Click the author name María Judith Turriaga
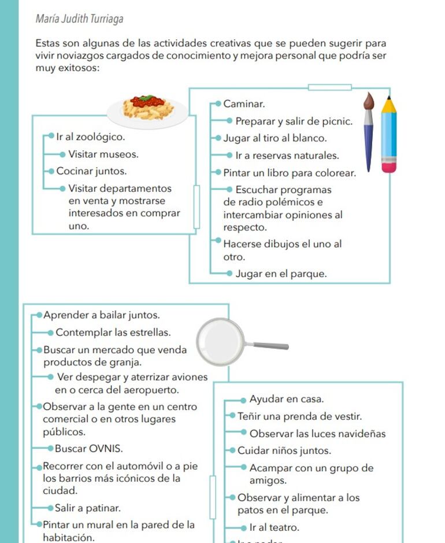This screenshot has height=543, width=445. pyautogui.click(x=79, y=19)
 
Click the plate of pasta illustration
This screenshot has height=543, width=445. pyautogui.click(x=147, y=108)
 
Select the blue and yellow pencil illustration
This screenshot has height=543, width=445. pyautogui.click(x=389, y=134)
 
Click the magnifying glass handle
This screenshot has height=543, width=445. pyautogui.click(x=270, y=346)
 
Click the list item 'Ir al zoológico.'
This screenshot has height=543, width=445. pyautogui.click(x=90, y=137)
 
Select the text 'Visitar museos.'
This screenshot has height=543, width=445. pyautogui.click(x=103, y=154)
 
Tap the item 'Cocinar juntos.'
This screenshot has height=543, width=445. pyautogui.click(x=91, y=171)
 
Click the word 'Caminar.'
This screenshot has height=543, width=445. pyautogui.click(x=244, y=104)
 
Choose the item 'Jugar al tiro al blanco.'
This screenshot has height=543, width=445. pyautogui.click(x=275, y=138)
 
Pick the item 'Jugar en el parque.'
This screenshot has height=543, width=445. pyautogui.click(x=281, y=274)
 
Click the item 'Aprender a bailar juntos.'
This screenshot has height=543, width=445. pyautogui.click(x=101, y=315)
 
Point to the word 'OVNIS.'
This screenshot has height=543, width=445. pyautogui.click(x=106, y=449)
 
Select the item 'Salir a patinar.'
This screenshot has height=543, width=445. pyautogui.click(x=88, y=508)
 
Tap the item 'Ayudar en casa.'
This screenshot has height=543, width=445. pyautogui.click(x=286, y=399)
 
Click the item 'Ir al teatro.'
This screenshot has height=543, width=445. pyautogui.click(x=274, y=527)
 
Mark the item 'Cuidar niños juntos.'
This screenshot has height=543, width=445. pyautogui.click(x=284, y=450)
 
